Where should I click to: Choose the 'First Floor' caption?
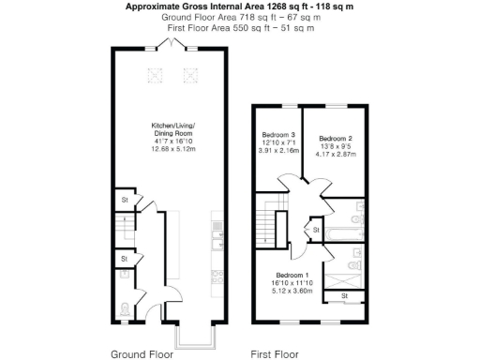274,354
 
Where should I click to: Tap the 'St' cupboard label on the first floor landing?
316,229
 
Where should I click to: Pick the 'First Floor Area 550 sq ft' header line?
240,28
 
